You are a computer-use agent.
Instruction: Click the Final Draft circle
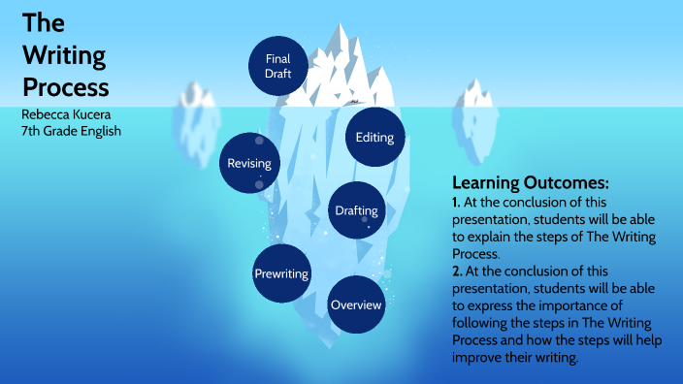[x=277, y=66]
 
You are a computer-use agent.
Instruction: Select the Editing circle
[x=374, y=137]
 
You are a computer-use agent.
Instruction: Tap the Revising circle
[x=249, y=163]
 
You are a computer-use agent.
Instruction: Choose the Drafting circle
[x=357, y=210]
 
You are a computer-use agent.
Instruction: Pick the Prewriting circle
[x=281, y=274]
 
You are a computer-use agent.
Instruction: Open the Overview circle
[x=357, y=305]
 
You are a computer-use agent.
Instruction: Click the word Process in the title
[x=65, y=86]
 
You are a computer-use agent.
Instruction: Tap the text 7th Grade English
[x=71, y=131]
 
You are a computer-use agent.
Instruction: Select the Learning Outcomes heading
[x=530, y=182]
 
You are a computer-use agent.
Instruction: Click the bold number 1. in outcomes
[x=456, y=202]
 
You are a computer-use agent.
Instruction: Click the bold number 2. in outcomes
[x=456, y=271]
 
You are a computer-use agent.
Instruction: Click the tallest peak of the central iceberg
[x=341, y=29]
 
